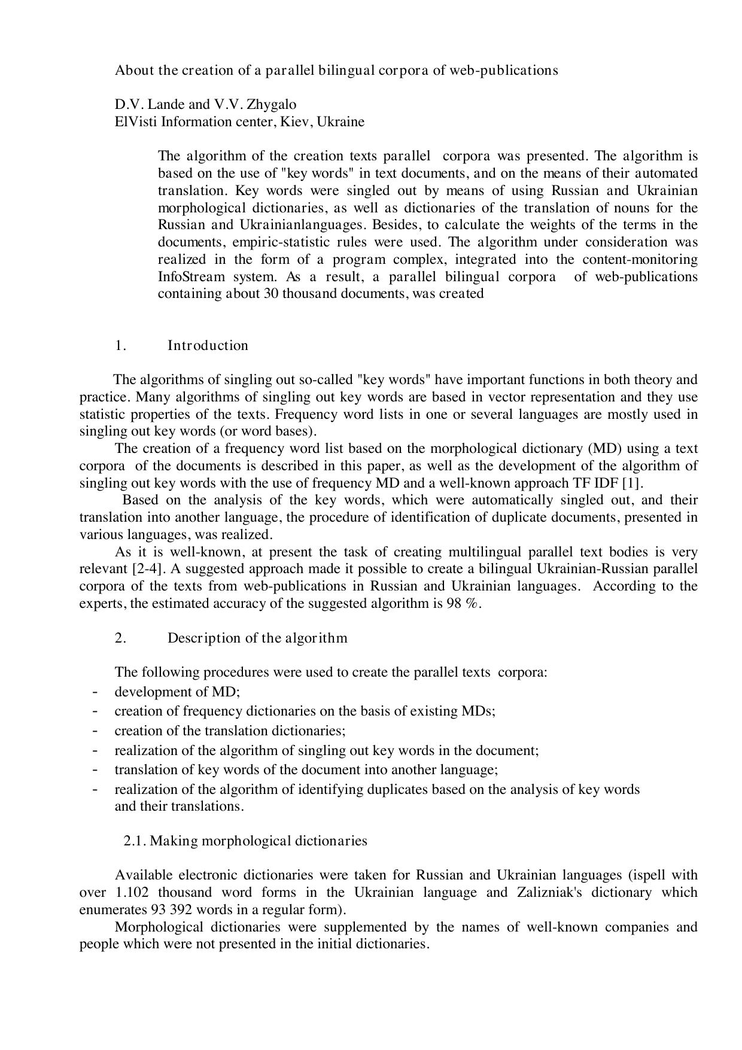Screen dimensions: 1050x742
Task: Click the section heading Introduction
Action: pyautogui.click(x=208, y=346)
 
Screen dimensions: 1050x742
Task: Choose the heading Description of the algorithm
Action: pyautogui.click(x=257, y=638)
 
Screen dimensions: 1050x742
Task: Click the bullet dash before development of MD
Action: pyautogui.click(x=95, y=692)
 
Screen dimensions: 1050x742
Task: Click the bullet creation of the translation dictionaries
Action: pyautogui.click(x=230, y=731)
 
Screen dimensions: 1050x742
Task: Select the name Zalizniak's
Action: pyautogui.click(x=573, y=893)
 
